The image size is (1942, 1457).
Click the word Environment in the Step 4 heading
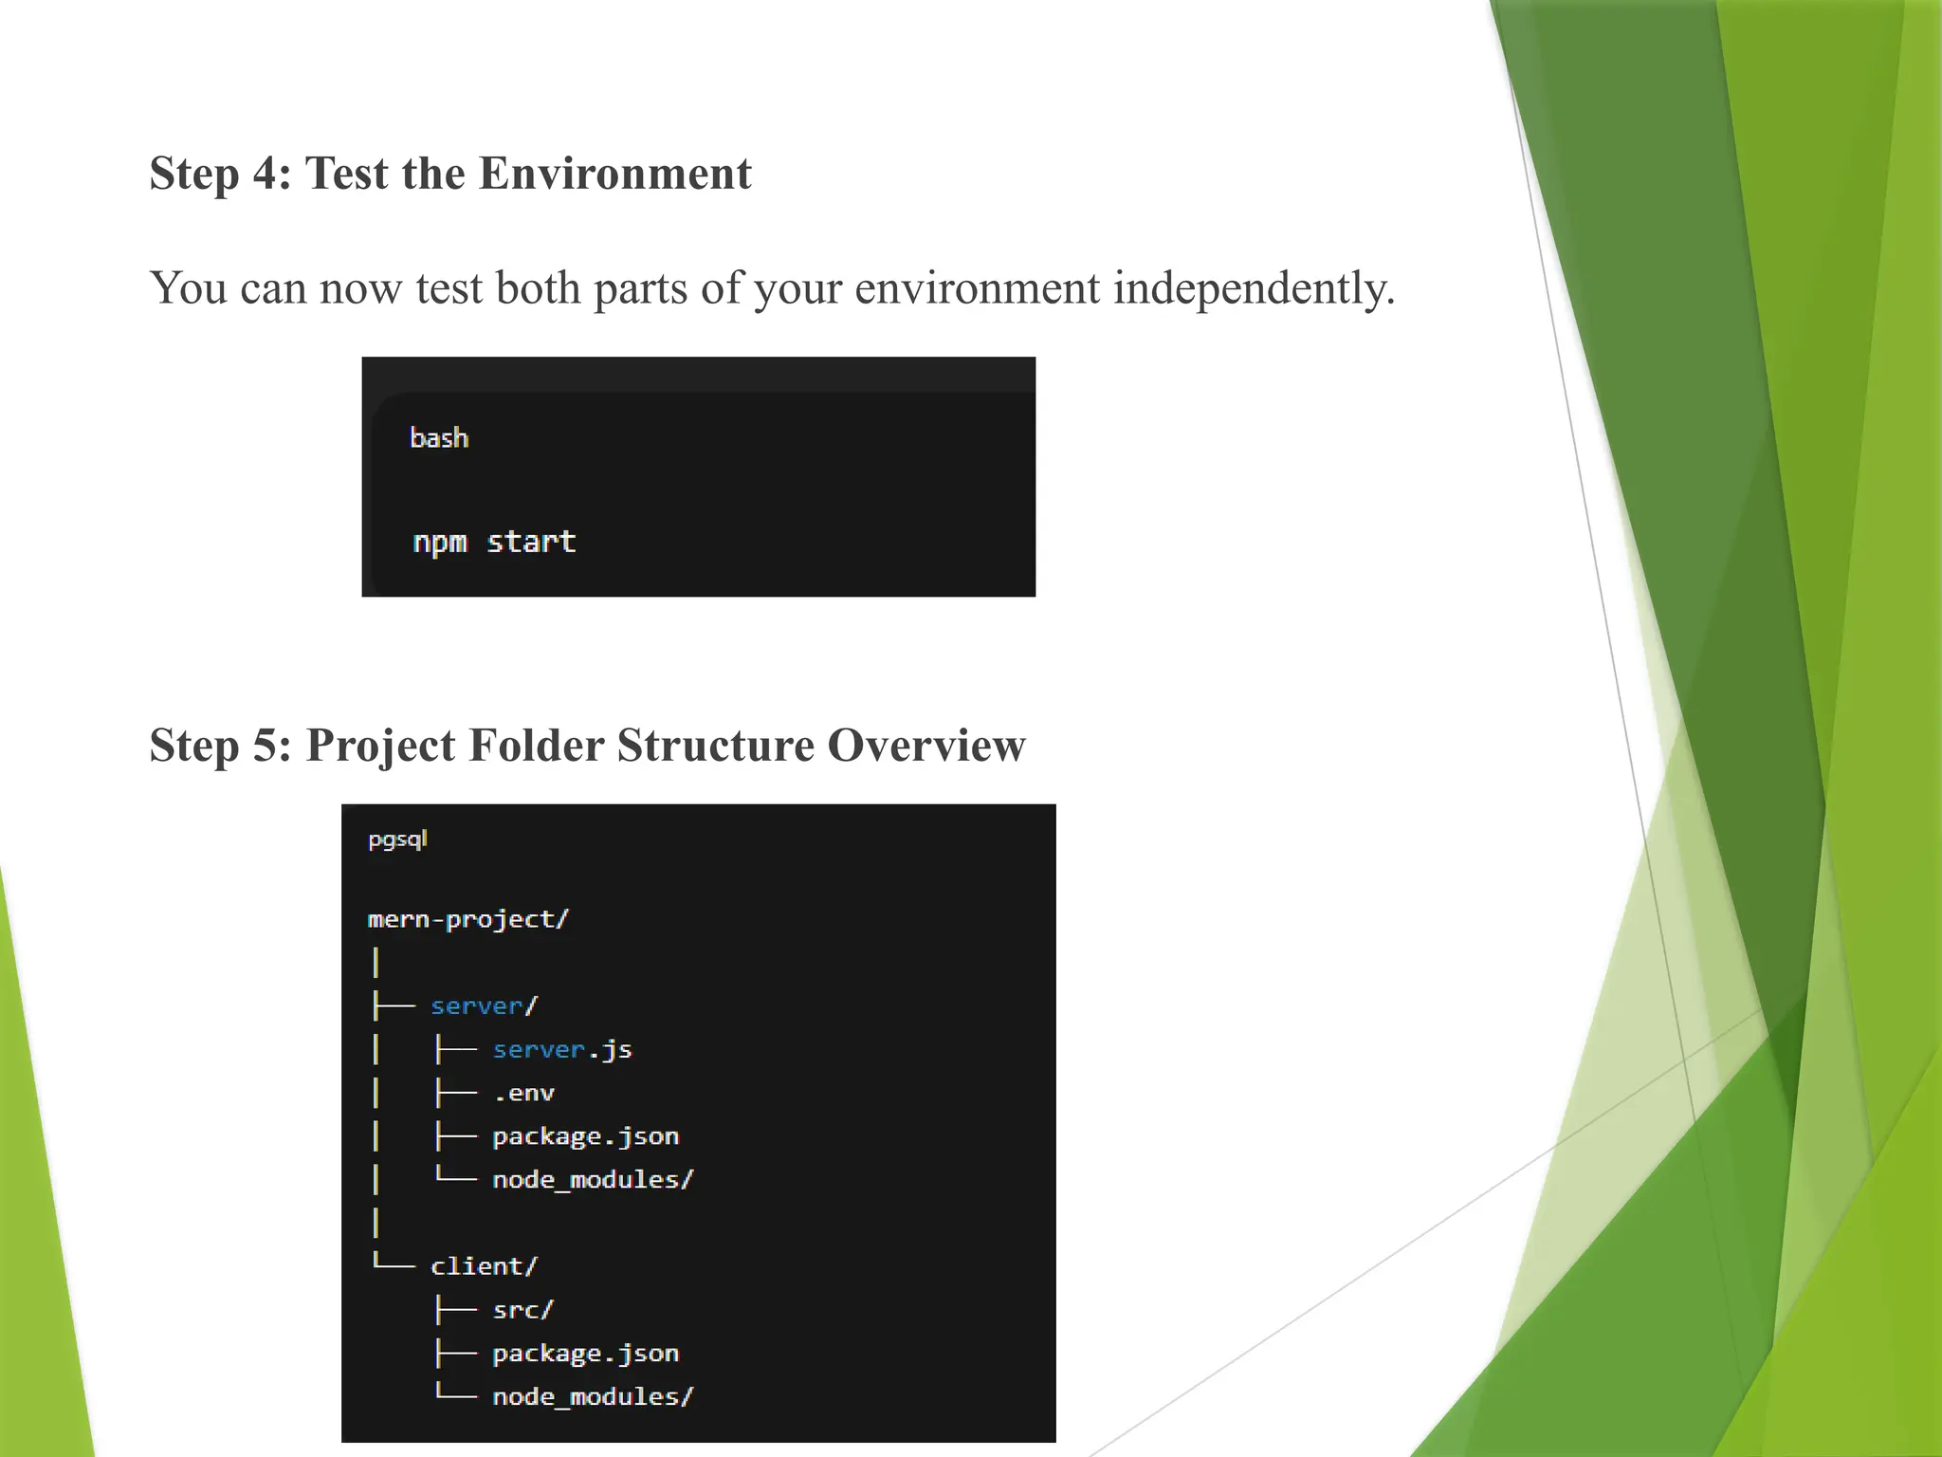click(614, 174)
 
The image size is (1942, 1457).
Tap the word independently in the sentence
click(1254, 287)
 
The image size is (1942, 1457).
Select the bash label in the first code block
click(439, 438)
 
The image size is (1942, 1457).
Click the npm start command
click(494, 542)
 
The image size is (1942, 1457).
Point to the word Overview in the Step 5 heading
click(925, 745)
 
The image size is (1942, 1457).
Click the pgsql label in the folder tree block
click(397, 839)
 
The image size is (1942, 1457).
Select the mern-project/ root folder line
click(467, 919)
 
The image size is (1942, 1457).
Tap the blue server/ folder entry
click(484, 1005)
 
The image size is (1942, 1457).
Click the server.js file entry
click(562, 1049)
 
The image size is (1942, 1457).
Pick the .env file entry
click(523, 1093)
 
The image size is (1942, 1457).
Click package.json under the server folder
click(585, 1136)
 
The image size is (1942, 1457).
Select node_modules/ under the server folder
click(593, 1180)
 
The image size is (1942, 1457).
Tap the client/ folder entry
click(484, 1266)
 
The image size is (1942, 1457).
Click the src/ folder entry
click(522, 1310)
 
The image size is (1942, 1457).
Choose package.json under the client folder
click(585, 1354)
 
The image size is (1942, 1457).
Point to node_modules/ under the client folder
click(593, 1396)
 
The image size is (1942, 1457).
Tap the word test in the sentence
click(449, 287)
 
